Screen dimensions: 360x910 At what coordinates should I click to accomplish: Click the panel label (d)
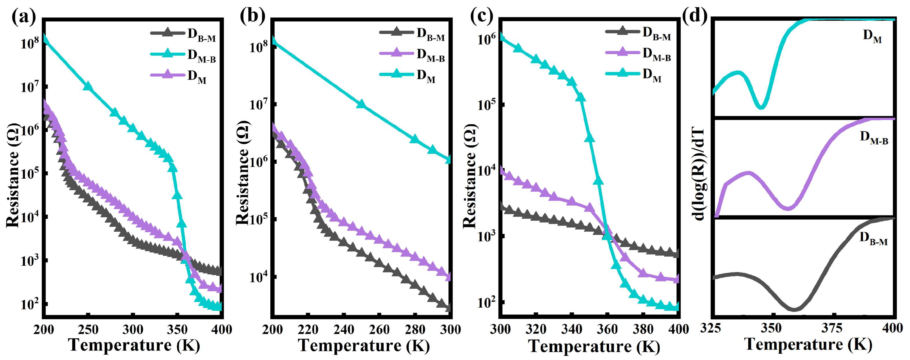pos(694,15)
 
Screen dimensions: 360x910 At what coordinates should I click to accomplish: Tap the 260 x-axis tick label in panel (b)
pos(379,329)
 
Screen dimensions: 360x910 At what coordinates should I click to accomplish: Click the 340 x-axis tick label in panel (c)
pos(572,329)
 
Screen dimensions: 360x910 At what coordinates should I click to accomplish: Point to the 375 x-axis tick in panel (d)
pos(832,328)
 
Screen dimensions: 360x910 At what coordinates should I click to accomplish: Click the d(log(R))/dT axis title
pos(699,174)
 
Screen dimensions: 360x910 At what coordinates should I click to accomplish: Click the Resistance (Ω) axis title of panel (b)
pos(243,173)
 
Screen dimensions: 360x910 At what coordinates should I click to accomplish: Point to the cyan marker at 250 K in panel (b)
pos(361,104)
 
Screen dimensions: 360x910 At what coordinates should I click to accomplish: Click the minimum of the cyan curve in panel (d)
pos(762,107)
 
